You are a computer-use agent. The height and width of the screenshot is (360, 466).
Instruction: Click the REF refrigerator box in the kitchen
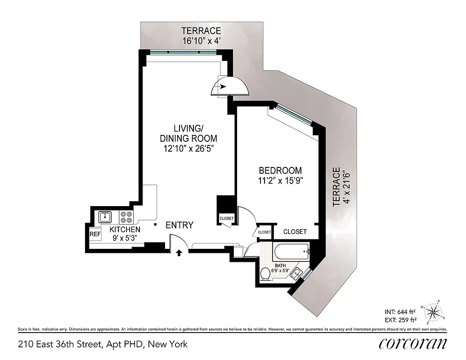click(95, 234)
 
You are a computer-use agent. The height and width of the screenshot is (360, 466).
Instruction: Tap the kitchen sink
click(105, 217)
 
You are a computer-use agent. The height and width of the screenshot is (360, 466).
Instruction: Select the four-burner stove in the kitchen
click(126, 217)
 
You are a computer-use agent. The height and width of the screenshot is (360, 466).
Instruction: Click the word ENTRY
click(179, 225)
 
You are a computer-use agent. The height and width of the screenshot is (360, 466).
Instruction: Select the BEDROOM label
click(280, 171)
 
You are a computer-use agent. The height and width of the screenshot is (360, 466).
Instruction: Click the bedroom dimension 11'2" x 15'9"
click(280, 181)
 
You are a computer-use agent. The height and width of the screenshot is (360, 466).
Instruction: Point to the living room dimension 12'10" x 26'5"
click(188, 148)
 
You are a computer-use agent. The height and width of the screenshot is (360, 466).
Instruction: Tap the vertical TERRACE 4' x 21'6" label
click(341, 187)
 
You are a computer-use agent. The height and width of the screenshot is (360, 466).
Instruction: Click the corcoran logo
click(412, 344)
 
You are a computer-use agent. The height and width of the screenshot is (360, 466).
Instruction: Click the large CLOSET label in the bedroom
click(295, 232)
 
